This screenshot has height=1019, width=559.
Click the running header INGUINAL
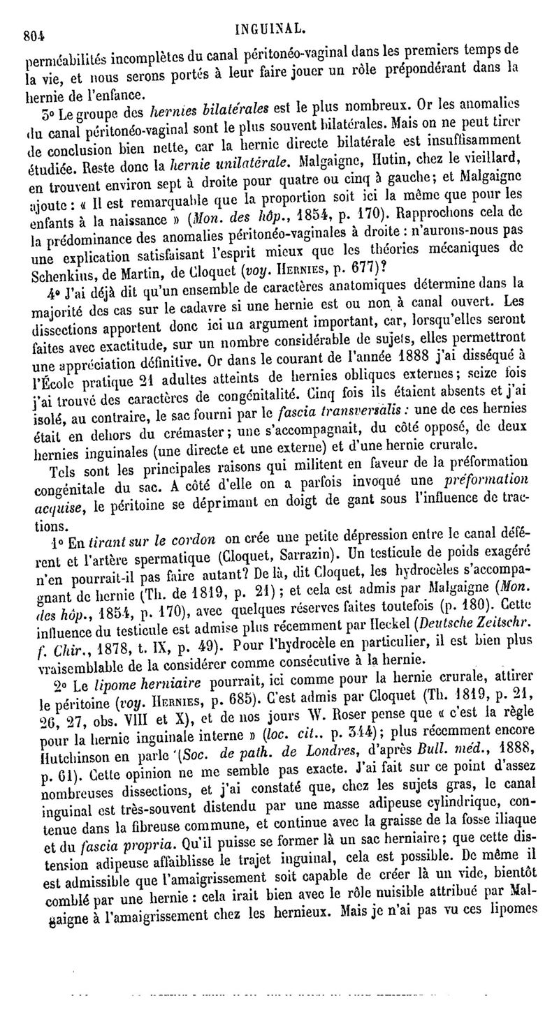(x=270, y=29)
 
